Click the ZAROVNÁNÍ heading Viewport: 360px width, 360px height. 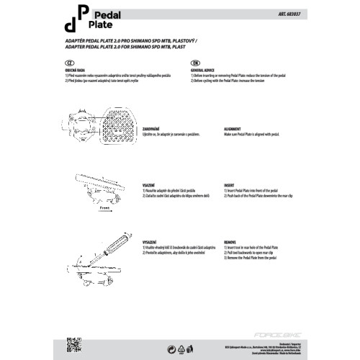pyautogui.click(x=153, y=131)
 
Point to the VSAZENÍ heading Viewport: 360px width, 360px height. pyautogui.click(x=149, y=185)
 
